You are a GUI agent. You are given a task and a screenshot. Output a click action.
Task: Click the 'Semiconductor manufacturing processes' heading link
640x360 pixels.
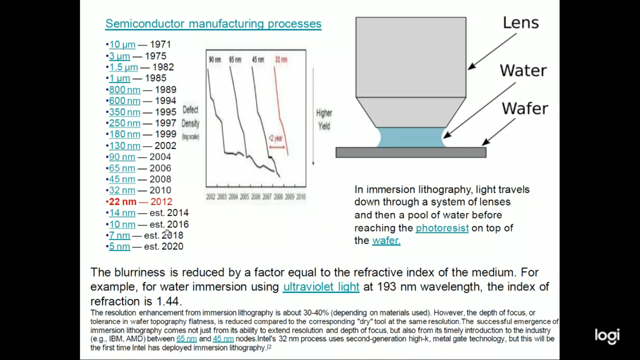[213, 24]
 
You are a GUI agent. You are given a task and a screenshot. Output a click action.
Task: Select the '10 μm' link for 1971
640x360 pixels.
[122, 44]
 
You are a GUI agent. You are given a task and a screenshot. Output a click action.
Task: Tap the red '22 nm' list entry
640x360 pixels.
[123, 202]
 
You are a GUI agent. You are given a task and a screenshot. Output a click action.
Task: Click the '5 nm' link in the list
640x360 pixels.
[119, 247]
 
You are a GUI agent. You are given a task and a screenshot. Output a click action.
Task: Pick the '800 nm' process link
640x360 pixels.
[125, 90]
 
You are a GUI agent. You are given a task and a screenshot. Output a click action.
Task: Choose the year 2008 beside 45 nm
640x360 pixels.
[160, 179]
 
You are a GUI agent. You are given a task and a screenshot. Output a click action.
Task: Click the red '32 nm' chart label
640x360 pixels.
[281, 60]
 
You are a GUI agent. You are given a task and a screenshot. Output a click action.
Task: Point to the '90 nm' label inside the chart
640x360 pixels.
[215, 60]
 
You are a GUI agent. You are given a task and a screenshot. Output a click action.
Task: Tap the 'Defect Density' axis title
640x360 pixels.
[191, 117]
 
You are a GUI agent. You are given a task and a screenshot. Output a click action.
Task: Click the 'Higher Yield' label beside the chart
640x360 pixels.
[324, 119]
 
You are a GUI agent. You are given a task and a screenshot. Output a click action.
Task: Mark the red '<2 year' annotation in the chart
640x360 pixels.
[276, 138]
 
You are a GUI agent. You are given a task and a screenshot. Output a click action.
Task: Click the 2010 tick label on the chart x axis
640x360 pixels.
[301, 197]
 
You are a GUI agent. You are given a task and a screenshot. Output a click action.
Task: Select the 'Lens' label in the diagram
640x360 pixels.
[521, 23]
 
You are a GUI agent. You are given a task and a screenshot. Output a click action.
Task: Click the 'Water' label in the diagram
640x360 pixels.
[523, 71]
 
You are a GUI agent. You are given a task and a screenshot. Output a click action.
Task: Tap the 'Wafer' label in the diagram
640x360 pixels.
[525, 109]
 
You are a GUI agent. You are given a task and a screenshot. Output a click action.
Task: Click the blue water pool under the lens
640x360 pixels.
[411, 137]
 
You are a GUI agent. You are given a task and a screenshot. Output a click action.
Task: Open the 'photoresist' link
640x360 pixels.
[442, 228]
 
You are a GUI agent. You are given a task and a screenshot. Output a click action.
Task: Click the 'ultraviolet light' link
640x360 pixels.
[321, 287]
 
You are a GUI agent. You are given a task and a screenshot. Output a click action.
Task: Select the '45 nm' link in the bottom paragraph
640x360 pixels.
[223, 339]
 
